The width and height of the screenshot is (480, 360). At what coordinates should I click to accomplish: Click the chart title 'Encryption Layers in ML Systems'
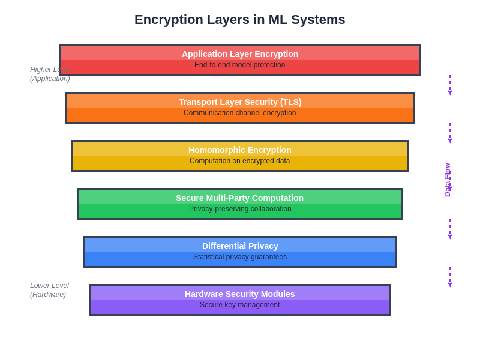240,20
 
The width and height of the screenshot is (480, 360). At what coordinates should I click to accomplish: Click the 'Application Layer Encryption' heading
240,54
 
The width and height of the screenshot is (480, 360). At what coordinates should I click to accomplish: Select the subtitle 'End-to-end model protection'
240,65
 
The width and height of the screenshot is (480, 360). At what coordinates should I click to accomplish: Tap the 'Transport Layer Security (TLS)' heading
240,102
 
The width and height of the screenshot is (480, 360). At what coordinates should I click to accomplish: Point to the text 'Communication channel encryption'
240,113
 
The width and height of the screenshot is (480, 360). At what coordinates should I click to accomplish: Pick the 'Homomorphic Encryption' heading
240,150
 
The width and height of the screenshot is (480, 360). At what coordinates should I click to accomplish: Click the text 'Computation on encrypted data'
240,161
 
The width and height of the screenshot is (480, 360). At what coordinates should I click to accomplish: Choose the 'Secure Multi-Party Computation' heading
240,198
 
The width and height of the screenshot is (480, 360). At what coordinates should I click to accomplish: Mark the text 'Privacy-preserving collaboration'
240,209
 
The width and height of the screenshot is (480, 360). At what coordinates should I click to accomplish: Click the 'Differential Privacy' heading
240,246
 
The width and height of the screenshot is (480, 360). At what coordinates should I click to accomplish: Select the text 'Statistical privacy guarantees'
240,257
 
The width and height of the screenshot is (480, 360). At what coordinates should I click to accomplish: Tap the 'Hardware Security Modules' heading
240,294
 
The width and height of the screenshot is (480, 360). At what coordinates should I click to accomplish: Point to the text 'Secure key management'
240,305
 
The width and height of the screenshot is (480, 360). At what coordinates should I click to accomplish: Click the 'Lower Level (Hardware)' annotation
49,290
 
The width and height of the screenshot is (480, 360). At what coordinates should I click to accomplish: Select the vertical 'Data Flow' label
447,179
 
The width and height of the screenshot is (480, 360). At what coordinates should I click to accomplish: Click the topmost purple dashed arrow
449,85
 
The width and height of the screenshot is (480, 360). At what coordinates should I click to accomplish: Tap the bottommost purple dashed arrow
449,277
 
